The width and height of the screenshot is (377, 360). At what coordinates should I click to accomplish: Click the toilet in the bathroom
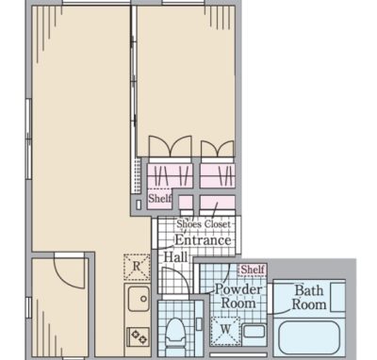pyautogui.click(x=175, y=335)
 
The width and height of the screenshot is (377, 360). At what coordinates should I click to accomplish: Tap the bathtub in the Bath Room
pyautogui.click(x=309, y=337)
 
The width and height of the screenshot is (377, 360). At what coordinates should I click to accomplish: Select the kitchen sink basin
pyautogui.click(x=139, y=299)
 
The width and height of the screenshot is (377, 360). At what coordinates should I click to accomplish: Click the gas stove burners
pyautogui.click(x=139, y=335)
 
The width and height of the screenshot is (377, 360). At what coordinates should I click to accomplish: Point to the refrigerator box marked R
pyautogui.click(x=137, y=267)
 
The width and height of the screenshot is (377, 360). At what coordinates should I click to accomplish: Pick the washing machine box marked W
pyautogui.click(x=225, y=331)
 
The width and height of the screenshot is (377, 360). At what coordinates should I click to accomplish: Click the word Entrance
pyautogui.click(x=203, y=240)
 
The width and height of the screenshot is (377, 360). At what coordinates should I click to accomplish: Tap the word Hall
pyautogui.click(x=175, y=257)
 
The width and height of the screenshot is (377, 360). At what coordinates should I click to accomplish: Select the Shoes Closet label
pyautogui.click(x=204, y=224)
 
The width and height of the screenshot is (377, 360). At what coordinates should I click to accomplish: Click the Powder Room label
pyautogui.click(x=238, y=296)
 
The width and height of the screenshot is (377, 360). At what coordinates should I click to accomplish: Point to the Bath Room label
pyautogui.click(x=309, y=298)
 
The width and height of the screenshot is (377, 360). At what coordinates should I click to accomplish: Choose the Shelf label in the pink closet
pyautogui.click(x=160, y=198)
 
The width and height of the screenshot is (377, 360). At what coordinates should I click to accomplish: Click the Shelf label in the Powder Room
pyautogui.click(x=253, y=270)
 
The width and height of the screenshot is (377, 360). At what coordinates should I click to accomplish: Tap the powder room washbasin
pyautogui.click(x=254, y=332)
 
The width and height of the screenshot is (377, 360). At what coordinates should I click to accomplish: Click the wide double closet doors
pyautogui.click(x=170, y=146)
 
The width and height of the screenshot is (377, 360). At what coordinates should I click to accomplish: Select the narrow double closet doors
pyautogui.click(x=218, y=148)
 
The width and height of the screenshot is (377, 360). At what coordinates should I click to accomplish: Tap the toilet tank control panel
pyautogui.click(x=199, y=323)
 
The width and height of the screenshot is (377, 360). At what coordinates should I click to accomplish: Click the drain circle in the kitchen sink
pyautogui.click(x=143, y=299)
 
